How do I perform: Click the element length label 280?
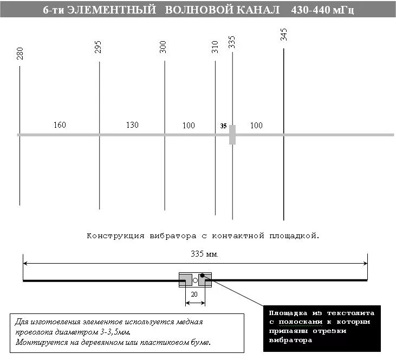pos(20,54)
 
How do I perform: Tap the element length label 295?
pos(98,48)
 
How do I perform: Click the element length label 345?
pos(284,35)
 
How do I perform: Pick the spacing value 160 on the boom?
pos(60,125)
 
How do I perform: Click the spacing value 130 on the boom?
pos(132,125)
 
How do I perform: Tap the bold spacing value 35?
pos(223,126)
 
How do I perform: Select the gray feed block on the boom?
pos(232,134)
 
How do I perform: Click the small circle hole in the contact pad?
pos(195,280)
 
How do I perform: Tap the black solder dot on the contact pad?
pos(202,276)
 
